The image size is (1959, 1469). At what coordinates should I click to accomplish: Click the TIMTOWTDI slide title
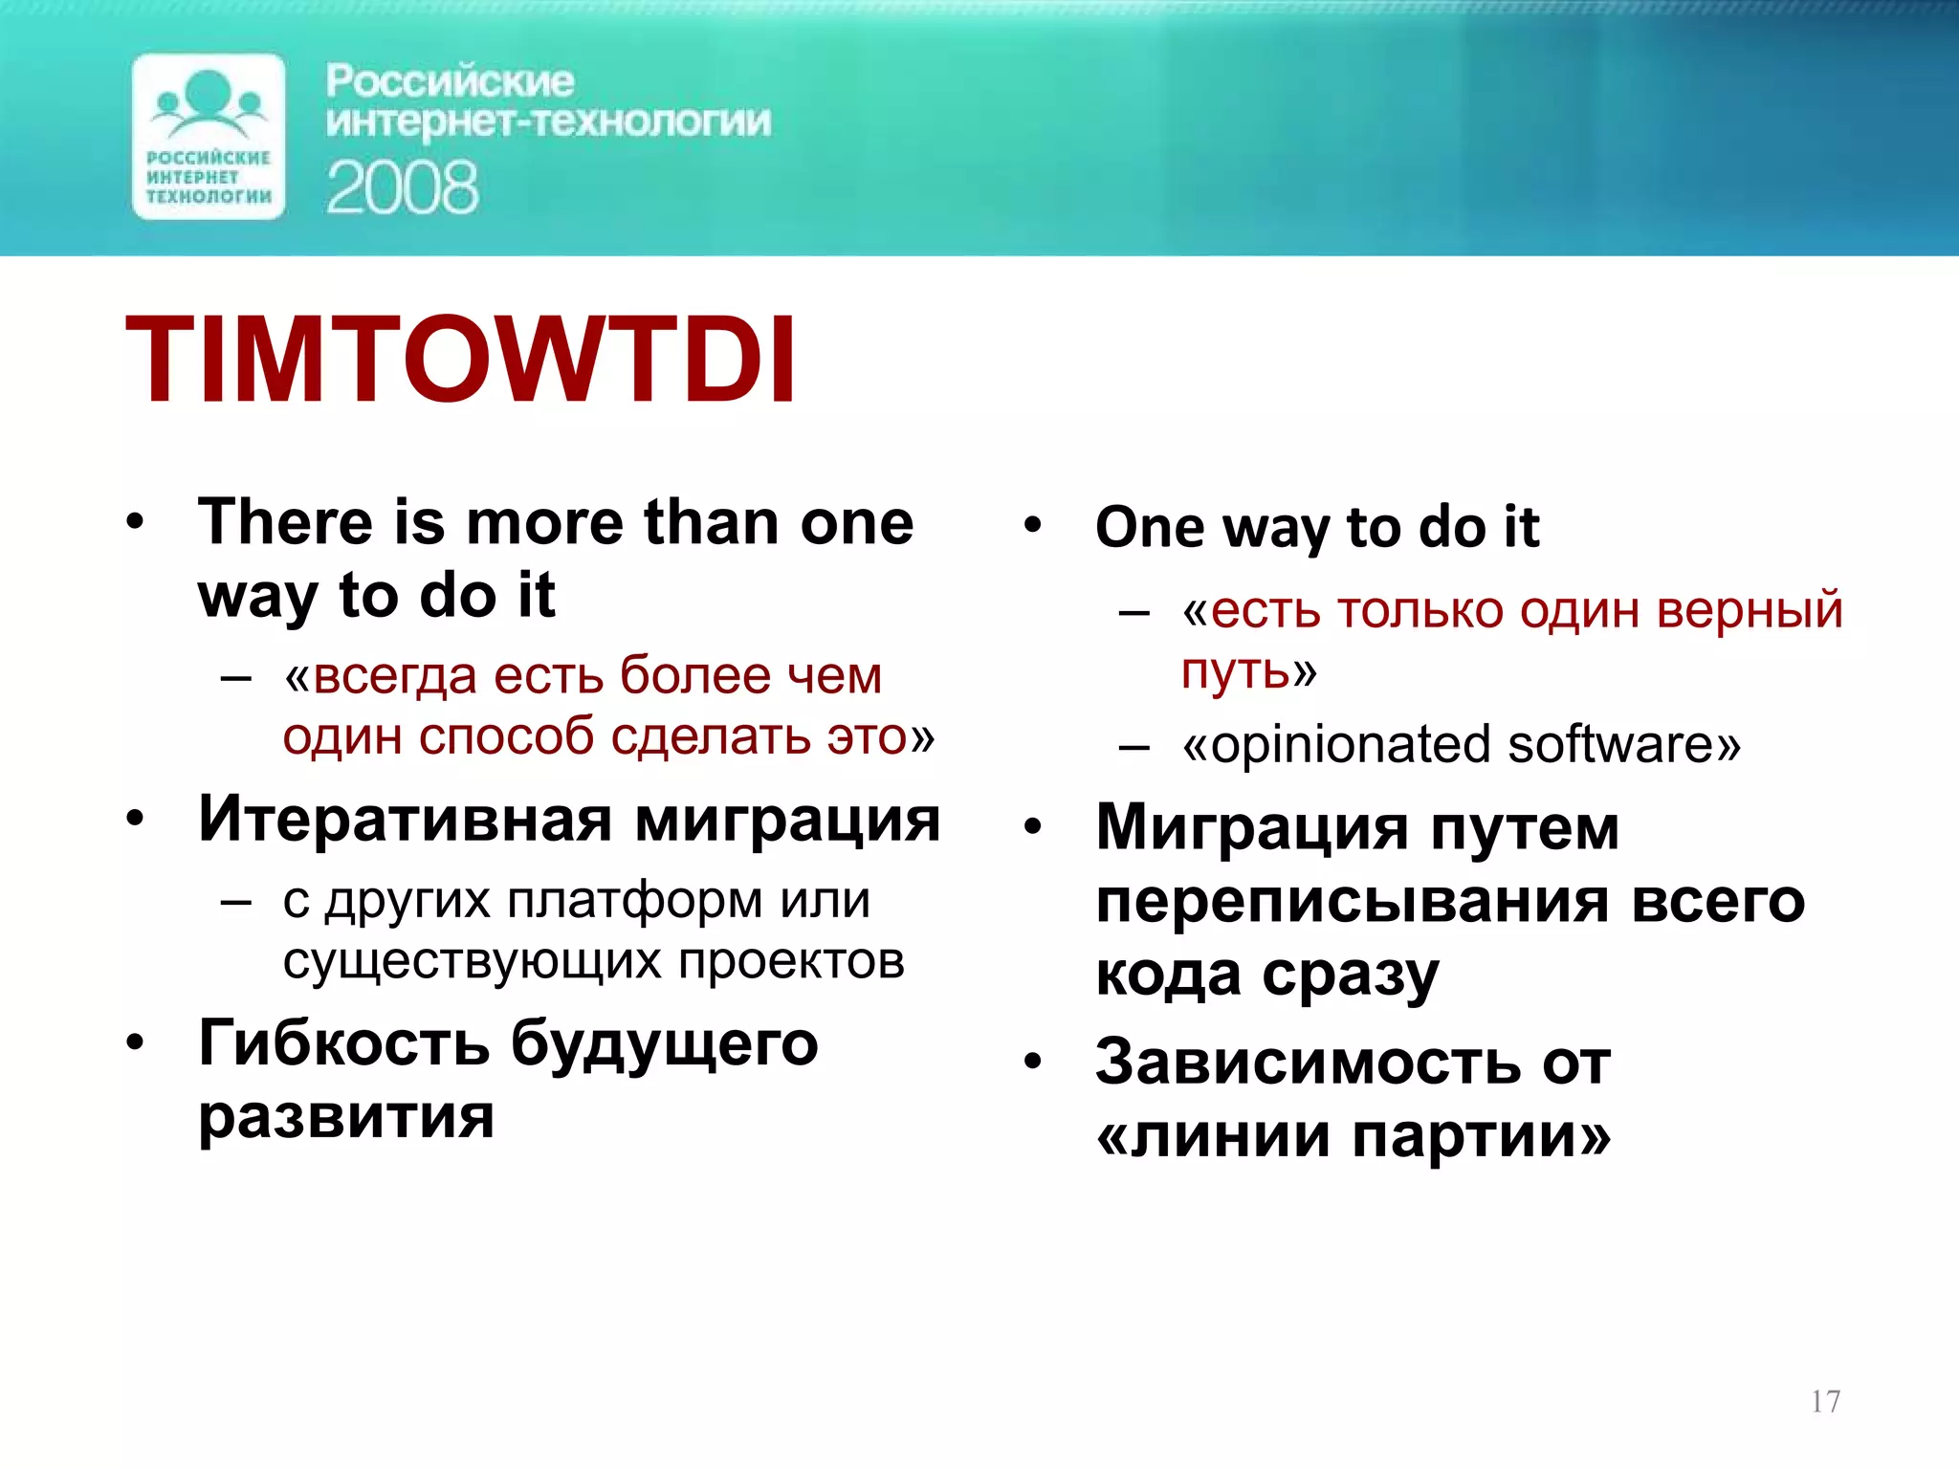(460, 361)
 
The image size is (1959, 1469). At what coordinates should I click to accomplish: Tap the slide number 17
(1825, 1401)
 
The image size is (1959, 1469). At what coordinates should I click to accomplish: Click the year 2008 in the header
(402, 187)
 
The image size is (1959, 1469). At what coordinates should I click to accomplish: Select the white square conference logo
(209, 137)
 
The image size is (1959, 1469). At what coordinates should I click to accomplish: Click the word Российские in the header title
(450, 81)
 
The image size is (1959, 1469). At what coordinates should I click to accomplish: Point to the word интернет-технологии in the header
(548, 122)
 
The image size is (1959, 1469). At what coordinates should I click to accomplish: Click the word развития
(346, 1116)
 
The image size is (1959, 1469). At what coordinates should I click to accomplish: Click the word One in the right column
(1150, 527)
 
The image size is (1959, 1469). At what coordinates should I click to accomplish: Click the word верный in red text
(1750, 610)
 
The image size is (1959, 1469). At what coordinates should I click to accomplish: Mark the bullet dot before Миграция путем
(1031, 826)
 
